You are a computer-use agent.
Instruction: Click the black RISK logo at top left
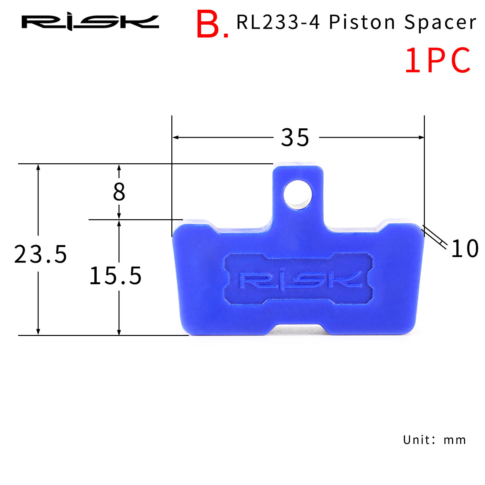pos(90,22)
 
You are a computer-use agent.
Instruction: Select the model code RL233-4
pos(278,22)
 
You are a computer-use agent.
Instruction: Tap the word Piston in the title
pos(362,22)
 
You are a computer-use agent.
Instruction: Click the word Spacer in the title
pos(440,22)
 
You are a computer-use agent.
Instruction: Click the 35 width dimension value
pos(295,138)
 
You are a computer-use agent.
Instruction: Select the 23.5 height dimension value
pos(40,254)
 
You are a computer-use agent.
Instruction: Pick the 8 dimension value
pos(119,192)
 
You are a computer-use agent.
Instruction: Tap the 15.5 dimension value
pos(115,276)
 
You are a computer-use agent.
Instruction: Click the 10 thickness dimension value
pos(465,249)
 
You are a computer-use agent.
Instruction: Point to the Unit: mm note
pos(434,440)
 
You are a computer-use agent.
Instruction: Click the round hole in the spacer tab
pos(298,195)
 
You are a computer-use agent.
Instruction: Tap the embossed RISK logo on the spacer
pos(299,280)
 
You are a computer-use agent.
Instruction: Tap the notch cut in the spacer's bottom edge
pos(298,330)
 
